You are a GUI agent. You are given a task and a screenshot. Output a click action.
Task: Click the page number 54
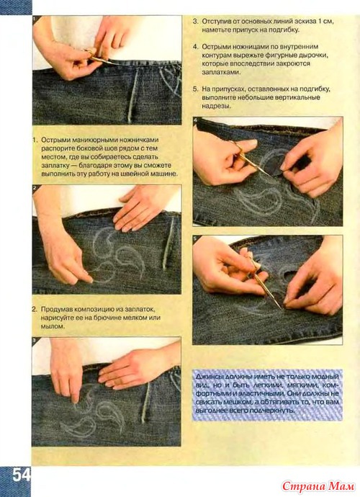22,475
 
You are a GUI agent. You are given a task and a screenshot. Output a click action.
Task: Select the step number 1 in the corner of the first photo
35,19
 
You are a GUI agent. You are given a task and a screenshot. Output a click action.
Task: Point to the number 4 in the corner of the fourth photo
195,120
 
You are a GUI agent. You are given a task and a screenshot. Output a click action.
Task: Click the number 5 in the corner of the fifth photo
195,238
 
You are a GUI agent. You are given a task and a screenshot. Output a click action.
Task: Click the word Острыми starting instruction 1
55,140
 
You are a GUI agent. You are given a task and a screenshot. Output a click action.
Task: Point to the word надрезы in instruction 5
217,106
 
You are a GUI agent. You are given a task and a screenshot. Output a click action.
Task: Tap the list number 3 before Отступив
195,22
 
